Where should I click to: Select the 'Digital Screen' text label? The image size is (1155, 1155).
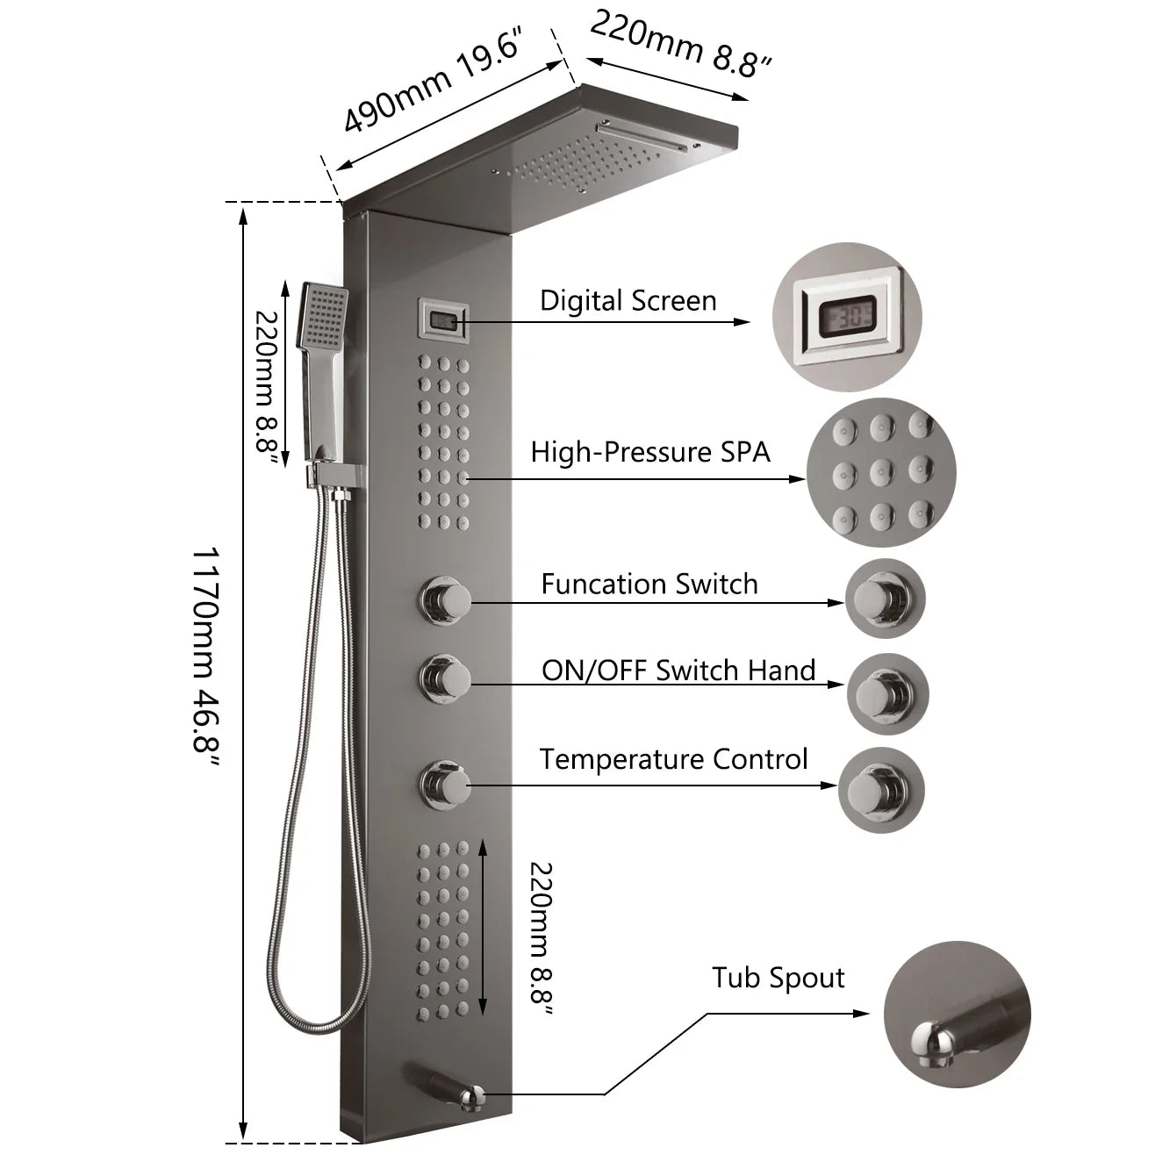pos(628,301)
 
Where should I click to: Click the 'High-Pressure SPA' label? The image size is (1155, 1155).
pos(650,452)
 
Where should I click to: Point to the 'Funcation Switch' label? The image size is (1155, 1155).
pos(649,585)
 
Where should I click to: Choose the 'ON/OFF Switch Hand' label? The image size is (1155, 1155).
pos(678,671)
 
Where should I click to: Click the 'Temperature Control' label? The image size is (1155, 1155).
pos(673,759)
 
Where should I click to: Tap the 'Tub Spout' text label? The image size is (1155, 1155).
pos(778,978)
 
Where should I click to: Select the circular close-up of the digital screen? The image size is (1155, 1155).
pos(848,318)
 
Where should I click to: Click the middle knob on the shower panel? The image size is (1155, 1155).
pos(444,677)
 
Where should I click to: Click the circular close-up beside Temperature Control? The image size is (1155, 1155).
pos(881,789)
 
